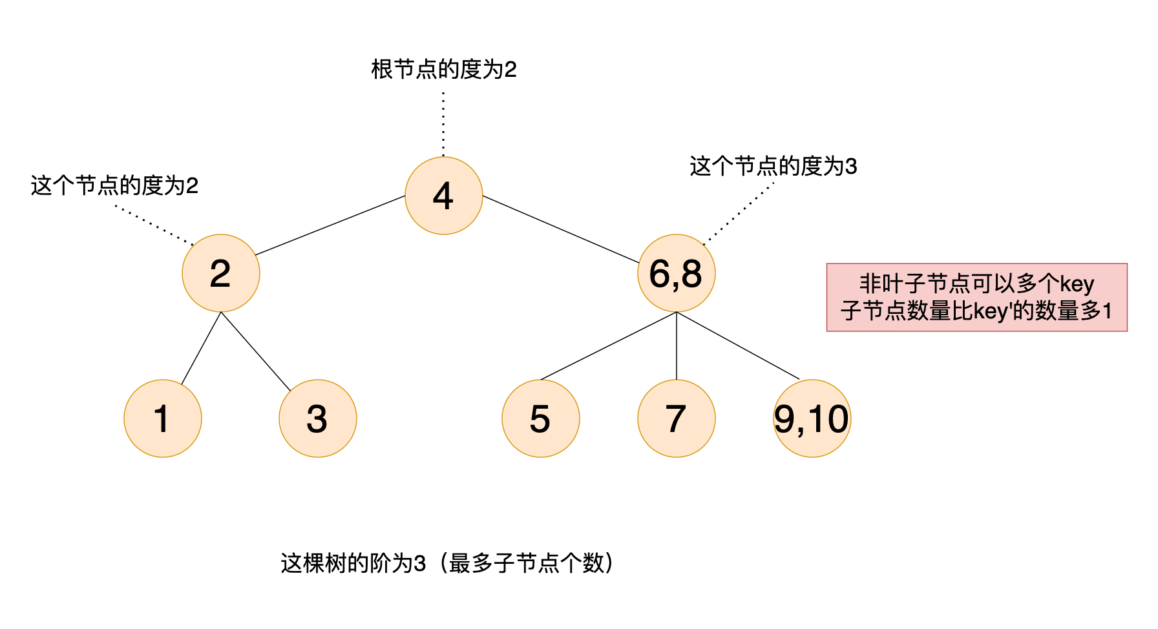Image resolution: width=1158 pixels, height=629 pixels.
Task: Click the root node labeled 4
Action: coord(443,196)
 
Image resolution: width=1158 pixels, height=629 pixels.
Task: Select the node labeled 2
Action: coord(221,273)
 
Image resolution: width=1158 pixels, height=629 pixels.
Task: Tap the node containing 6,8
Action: coord(676,273)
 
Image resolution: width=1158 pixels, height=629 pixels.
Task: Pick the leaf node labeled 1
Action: coord(163,418)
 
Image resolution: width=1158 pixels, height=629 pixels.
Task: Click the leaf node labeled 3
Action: coord(317,418)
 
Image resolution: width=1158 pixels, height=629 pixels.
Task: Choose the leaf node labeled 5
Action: coord(540,418)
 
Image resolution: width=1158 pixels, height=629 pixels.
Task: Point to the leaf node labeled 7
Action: coord(676,418)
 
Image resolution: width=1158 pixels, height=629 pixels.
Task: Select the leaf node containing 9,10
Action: coord(812,418)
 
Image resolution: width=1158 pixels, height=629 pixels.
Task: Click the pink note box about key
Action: coord(976,297)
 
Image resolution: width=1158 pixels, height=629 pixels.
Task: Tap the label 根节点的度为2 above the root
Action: coord(443,70)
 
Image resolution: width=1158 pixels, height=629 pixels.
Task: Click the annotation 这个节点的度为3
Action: coord(773,167)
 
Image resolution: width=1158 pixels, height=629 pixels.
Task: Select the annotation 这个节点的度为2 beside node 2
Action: coord(114,186)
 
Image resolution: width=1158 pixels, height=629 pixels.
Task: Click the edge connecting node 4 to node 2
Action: coord(330,225)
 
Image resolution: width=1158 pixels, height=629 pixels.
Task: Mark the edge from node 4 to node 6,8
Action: coord(561,229)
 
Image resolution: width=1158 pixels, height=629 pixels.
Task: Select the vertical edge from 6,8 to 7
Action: coord(676,345)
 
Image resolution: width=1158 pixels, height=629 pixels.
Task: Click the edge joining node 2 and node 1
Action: coord(202,348)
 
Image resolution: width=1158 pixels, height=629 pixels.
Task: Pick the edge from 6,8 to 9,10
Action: coord(737,345)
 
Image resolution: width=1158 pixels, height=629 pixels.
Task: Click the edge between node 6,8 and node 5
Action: coord(608,345)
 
